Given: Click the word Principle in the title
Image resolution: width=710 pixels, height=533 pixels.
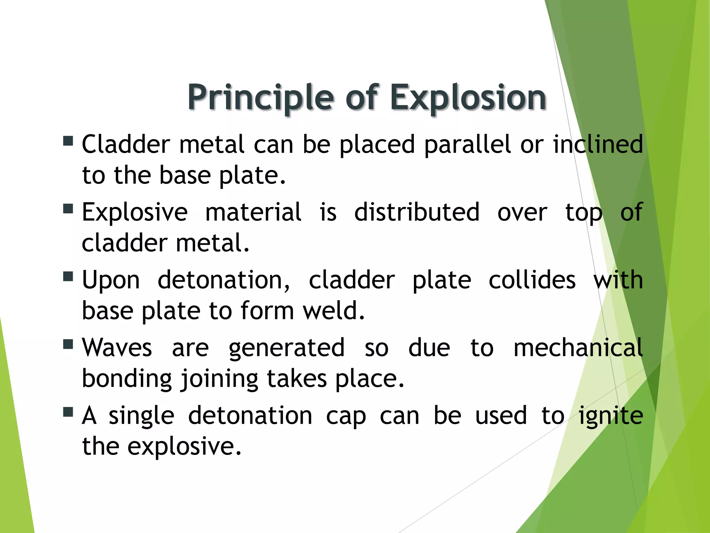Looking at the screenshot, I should [262, 98].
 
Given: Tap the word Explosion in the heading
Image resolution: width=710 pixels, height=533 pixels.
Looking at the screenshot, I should [468, 98].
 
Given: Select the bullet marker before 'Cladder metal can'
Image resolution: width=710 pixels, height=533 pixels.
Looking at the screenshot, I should [68, 141].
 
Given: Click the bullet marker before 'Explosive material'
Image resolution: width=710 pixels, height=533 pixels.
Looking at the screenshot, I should [68, 209].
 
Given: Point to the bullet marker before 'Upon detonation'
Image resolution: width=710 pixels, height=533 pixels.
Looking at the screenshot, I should [68, 277].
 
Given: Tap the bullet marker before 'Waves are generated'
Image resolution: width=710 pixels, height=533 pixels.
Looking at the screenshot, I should [68, 344].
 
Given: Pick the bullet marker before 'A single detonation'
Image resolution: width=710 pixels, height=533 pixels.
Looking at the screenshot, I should [68, 412].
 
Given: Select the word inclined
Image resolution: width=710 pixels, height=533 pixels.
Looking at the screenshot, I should [598, 144].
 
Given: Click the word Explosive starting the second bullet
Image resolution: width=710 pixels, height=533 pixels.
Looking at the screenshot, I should [135, 212].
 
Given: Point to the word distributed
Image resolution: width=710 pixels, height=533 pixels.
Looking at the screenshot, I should [417, 212].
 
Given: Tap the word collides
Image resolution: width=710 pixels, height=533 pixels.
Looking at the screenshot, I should [532, 280].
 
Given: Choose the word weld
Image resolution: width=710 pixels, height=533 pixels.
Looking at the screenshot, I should [334, 311].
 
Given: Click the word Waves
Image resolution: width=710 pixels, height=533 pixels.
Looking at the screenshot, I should [117, 348].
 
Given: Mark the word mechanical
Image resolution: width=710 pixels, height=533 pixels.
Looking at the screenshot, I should [578, 348].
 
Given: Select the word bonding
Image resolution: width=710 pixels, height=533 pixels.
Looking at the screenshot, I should [127, 379].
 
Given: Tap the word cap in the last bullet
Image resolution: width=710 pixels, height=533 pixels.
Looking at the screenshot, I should [346, 416].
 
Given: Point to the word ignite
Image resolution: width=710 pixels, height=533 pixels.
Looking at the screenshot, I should [611, 416].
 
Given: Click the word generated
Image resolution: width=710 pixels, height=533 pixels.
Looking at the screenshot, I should [286, 348].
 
